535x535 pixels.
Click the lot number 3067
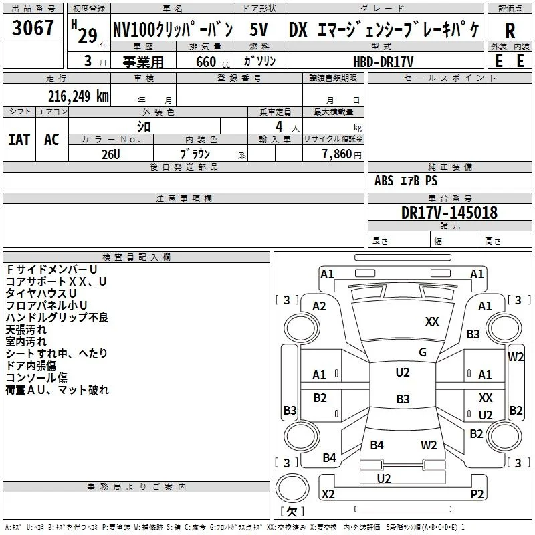(33, 28)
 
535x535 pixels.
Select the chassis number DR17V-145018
(449, 212)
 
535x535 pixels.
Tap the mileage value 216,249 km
(78, 96)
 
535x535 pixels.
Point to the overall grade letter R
(510, 30)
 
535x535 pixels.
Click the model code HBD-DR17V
(383, 62)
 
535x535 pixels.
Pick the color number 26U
(111, 154)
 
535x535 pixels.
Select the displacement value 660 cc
(213, 62)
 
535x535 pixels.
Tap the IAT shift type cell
(19, 140)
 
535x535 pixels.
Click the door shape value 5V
(259, 29)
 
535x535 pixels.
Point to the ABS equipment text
(384, 181)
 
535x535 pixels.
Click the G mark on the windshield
(423, 352)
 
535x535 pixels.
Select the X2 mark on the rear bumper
(328, 494)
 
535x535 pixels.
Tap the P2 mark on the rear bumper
(477, 494)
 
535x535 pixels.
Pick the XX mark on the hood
(432, 322)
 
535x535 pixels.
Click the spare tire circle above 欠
(292, 488)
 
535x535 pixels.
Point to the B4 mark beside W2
(377, 445)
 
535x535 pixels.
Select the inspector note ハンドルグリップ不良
(57, 317)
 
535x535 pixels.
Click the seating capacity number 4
(279, 126)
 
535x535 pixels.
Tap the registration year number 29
(88, 35)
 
